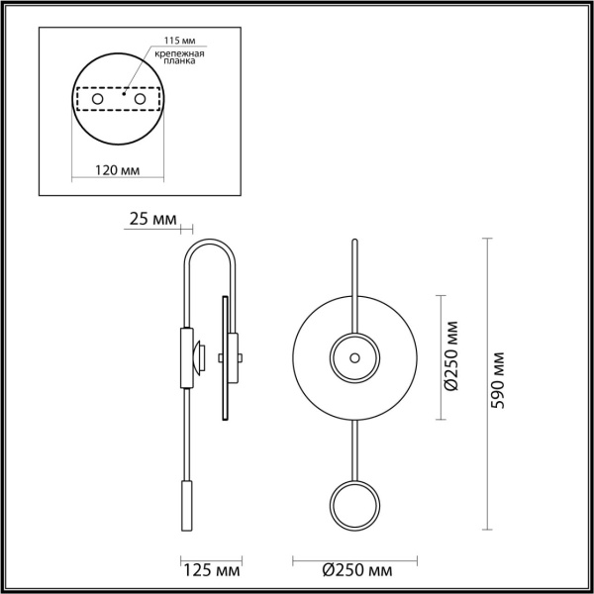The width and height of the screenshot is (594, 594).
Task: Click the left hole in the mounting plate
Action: pyautogui.click(x=97, y=100)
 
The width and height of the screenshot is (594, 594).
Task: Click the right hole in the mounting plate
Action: pyautogui.click(x=142, y=100)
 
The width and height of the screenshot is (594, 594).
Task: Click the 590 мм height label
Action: pyautogui.click(x=500, y=380)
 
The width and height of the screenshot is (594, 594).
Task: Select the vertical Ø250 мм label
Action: pyautogui.click(x=450, y=356)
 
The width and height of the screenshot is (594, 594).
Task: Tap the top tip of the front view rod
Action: pyautogui.click(x=353, y=242)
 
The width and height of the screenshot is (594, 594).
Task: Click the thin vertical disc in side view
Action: pyautogui.click(x=225, y=356)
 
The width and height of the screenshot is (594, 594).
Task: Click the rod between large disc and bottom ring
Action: pyautogui.click(x=353, y=450)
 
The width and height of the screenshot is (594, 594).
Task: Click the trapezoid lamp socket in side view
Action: pyautogui.click(x=199, y=353)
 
